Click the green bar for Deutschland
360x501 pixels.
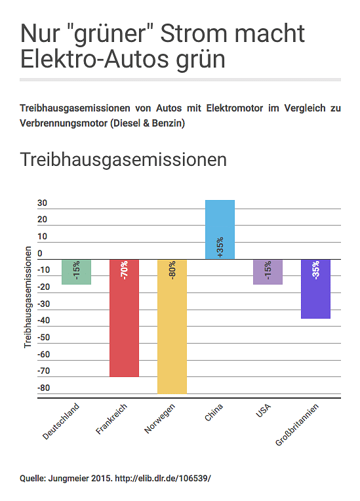(x=76, y=272)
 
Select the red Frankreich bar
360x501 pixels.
(x=124, y=318)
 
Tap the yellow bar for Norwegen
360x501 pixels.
(x=172, y=327)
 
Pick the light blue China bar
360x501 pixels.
(x=220, y=230)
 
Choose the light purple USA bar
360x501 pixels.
(x=268, y=272)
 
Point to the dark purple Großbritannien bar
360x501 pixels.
(x=316, y=289)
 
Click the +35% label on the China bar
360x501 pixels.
(x=220, y=247)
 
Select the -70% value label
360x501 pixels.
(x=124, y=270)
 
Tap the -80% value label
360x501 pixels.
(x=172, y=270)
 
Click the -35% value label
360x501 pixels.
(x=316, y=270)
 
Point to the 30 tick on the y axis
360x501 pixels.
(x=42, y=203)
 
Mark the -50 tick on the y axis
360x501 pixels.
(x=44, y=338)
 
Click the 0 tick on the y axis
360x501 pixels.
(x=40, y=253)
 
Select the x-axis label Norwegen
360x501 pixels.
(x=160, y=418)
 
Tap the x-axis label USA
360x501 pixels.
(x=263, y=411)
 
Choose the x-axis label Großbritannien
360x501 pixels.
(x=297, y=425)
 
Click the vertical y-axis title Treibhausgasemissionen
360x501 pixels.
(x=28, y=297)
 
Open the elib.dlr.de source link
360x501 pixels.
(x=163, y=478)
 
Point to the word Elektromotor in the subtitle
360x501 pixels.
(x=235, y=108)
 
